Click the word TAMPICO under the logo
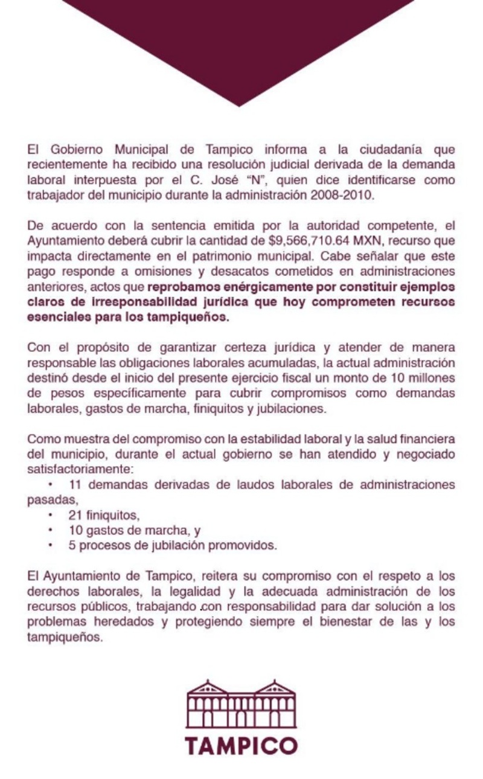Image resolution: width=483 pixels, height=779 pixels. (241, 745)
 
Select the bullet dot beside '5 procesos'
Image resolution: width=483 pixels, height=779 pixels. (52, 546)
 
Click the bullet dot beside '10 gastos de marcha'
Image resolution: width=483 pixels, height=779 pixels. (52, 531)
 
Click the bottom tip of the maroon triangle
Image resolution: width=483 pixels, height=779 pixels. (239, 105)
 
